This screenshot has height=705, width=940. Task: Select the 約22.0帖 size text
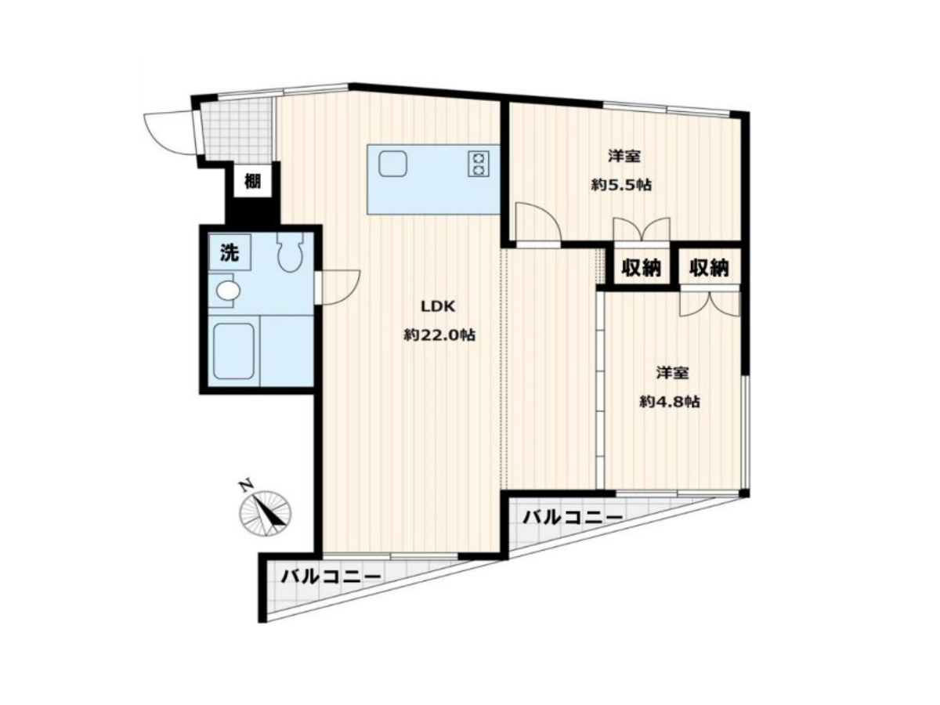[439, 335]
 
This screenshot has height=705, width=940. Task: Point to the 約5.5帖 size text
[621, 186]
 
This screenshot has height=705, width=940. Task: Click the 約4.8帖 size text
[670, 402]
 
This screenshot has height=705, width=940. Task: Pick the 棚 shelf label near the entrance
[252, 181]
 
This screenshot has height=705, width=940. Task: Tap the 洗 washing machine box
[229, 252]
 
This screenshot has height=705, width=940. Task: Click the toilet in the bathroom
[290, 252]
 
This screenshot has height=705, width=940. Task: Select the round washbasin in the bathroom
[228, 291]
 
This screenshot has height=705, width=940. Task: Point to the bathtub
[233, 351]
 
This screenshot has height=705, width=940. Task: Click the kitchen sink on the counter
[392, 163]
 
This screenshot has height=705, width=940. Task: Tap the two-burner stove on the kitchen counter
[479, 164]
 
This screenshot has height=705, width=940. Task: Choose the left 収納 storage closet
[641, 268]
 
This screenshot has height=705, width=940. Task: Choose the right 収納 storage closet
[709, 268]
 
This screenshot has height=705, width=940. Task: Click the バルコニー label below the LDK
[331, 577]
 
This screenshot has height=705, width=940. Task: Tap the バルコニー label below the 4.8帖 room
[573, 518]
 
